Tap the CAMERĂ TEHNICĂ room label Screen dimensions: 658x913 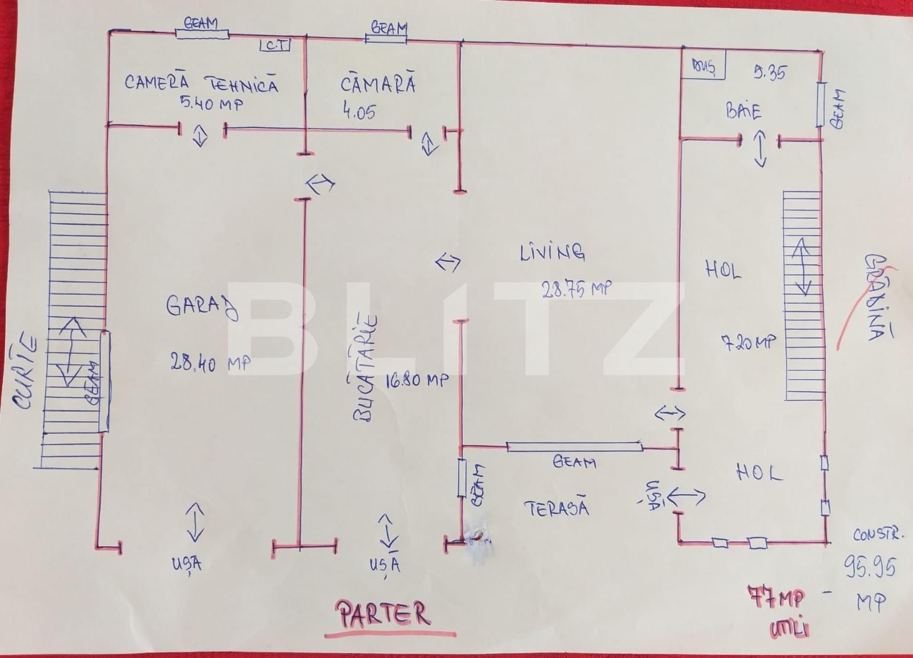pyautogui.click(x=201, y=83)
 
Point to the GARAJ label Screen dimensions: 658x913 pyautogui.click(x=202, y=308)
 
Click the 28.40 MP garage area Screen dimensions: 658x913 pyautogui.click(x=210, y=362)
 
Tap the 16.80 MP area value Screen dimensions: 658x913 pyautogui.click(x=417, y=380)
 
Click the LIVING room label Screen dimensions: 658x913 pyautogui.click(x=552, y=252)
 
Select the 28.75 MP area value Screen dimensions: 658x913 pyautogui.click(x=576, y=290)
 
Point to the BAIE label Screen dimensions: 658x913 pyautogui.click(x=744, y=110)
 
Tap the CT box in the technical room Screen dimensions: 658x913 pyautogui.click(x=275, y=46)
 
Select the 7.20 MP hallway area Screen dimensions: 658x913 pyautogui.click(x=749, y=342)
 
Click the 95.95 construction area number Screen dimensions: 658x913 pyautogui.click(x=870, y=567)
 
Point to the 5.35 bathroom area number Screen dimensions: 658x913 pyautogui.click(x=769, y=72)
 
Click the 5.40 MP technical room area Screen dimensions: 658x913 pyautogui.click(x=211, y=103)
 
